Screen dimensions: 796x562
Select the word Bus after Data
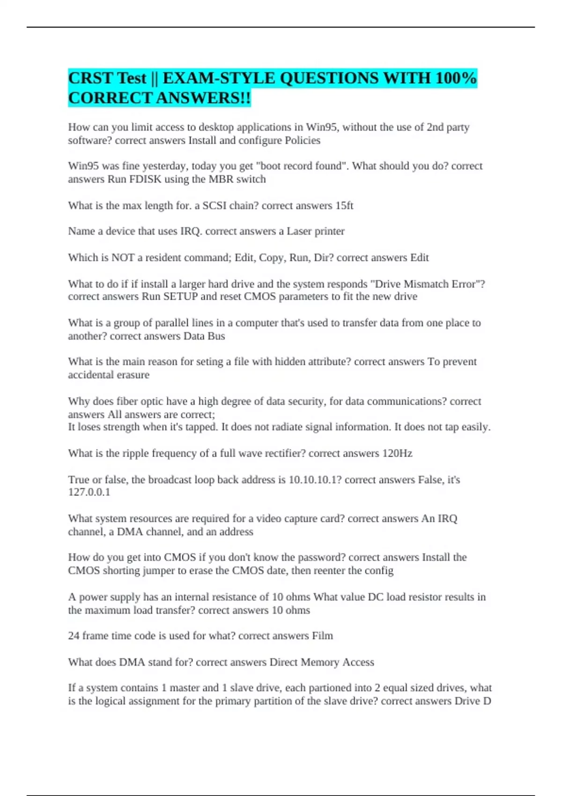pyautogui.click(x=216, y=336)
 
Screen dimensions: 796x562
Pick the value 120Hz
pyautogui.click(x=397, y=453)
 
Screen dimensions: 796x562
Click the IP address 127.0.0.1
pyautogui.click(x=89, y=492)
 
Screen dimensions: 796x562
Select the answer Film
pyautogui.click(x=322, y=636)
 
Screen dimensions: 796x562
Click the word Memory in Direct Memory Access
pyautogui.click(x=320, y=662)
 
